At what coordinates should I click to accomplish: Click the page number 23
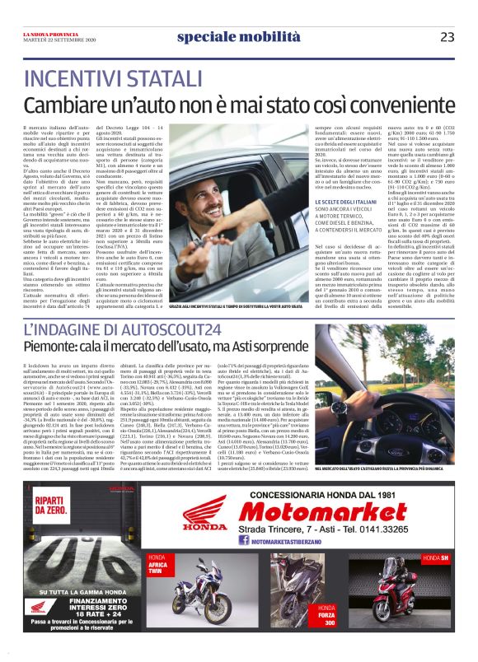coord(447,36)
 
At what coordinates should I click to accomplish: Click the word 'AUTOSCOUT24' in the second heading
coord(171,329)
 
